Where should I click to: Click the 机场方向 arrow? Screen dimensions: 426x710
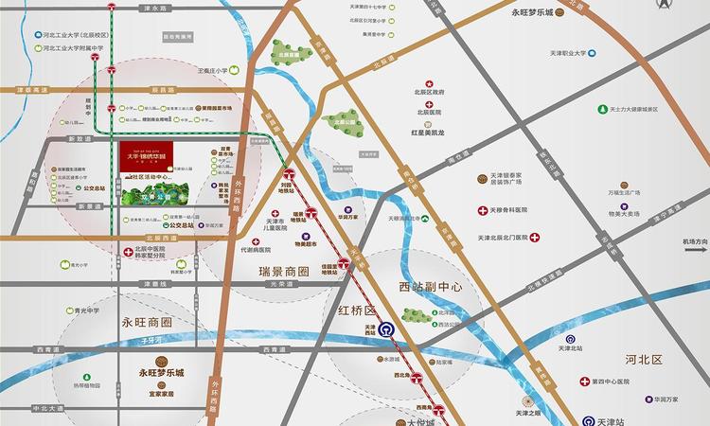695,248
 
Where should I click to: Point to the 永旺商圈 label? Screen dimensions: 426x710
148,322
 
